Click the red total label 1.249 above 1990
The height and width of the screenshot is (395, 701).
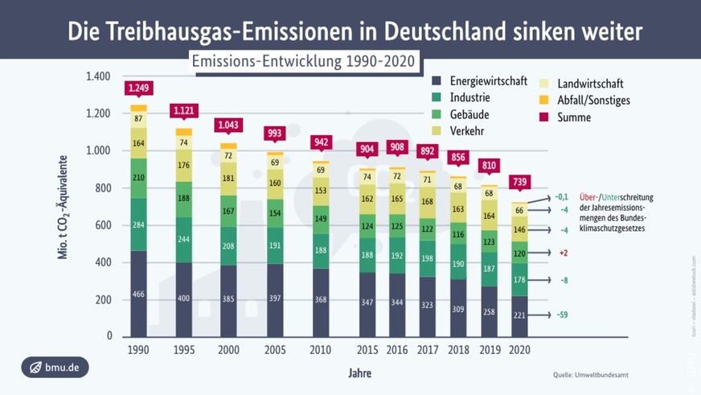click(138, 88)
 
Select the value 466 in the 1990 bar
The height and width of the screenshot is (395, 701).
click(138, 295)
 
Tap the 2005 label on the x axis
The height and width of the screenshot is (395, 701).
click(275, 351)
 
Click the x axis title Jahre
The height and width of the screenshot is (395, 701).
click(359, 373)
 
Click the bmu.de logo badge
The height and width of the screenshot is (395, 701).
click(55, 368)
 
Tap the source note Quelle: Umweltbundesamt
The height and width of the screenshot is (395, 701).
click(590, 375)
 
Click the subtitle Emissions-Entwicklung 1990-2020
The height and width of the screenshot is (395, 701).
click(305, 62)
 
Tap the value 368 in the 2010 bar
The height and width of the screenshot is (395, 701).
click(322, 300)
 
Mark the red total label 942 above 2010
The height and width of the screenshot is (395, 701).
click(322, 142)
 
